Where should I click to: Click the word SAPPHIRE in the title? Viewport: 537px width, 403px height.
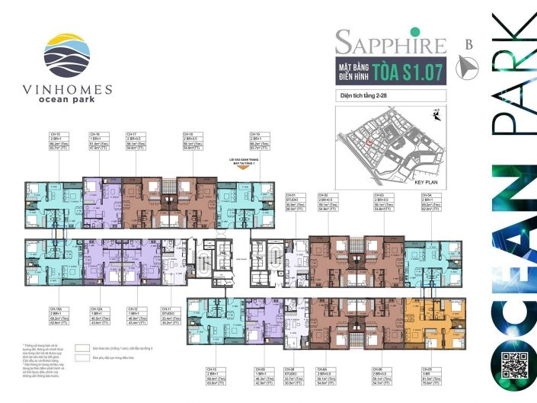tap(390, 41)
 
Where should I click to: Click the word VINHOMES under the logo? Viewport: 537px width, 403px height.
tap(67, 89)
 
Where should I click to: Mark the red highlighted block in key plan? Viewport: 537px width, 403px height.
tap(369, 142)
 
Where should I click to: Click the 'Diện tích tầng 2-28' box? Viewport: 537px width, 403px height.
tap(390, 96)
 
